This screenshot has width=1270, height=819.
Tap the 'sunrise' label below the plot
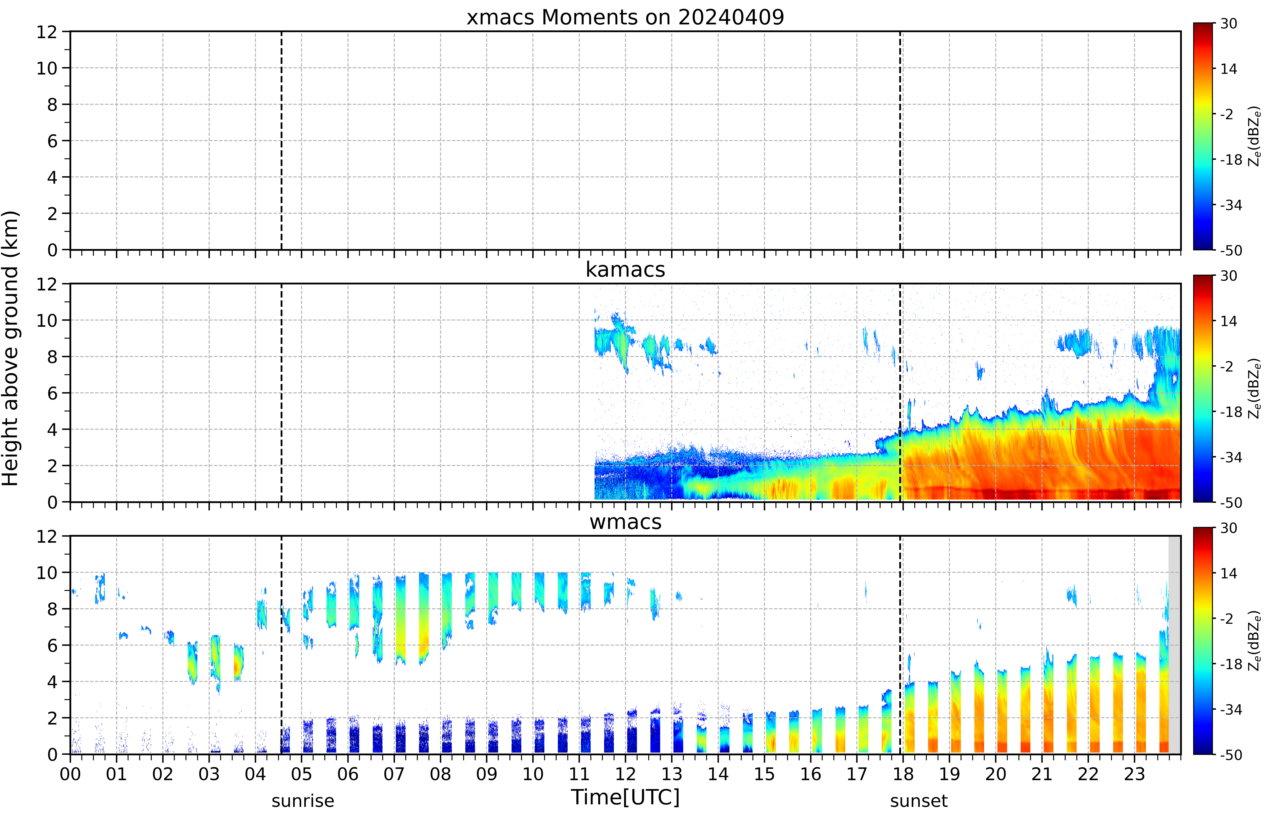(x=303, y=801)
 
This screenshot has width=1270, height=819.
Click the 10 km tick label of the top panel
(x=47, y=68)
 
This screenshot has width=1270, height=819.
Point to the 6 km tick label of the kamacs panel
(x=52, y=393)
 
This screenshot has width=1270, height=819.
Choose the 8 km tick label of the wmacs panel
(x=52, y=609)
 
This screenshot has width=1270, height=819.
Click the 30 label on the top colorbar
(x=1228, y=24)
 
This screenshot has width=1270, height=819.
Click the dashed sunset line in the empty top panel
(x=900, y=140)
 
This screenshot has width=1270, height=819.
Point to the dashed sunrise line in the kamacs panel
(x=282, y=393)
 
